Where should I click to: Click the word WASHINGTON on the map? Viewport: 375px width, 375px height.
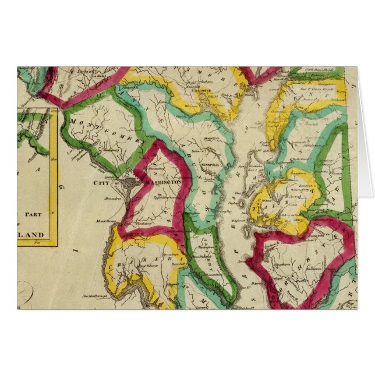(164, 182)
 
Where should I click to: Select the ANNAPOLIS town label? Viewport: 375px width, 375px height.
(208, 165)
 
